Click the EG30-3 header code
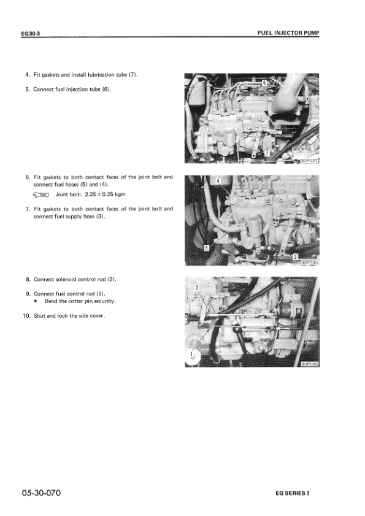[30, 34]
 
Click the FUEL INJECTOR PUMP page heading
[288, 33]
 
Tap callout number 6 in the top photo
[264, 83]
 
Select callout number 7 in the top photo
[267, 153]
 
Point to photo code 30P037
[310, 161]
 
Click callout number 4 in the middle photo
[218, 180]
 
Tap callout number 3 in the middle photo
[295, 256]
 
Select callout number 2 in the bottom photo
[197, 288]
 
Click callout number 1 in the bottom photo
[192, 354]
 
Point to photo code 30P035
[310, 364]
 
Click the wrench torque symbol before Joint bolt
[41, 194]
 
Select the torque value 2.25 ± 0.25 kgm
[105, 194]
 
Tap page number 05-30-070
[41, 493]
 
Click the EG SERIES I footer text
[293, 493]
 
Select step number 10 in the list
[26, 316]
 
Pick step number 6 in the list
[28, 177]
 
